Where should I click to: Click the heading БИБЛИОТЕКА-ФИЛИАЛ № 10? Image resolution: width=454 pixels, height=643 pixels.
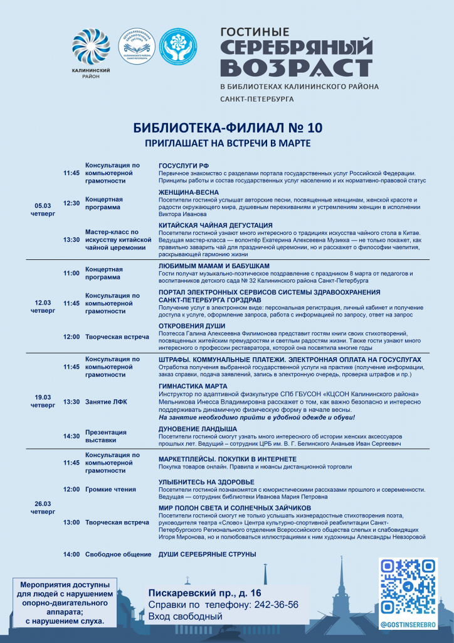click(x=228, y=127)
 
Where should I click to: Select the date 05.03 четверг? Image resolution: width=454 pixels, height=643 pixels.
click(x=43, y=209)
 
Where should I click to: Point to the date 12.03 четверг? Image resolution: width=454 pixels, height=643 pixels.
click(x=43, y=306)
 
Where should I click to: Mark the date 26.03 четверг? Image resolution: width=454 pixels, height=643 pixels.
click(x=43, y=507)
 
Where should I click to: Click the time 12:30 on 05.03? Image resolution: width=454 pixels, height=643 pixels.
click(x=71, y=203)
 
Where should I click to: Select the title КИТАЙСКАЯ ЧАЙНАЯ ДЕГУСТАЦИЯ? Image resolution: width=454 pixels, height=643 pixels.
click(x=215, y=225)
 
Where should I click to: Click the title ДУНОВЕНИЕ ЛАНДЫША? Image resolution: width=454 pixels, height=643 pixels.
click(x=198, y=428)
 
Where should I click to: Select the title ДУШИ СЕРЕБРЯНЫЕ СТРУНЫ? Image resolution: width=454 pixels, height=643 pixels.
click(x=208, y=554)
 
